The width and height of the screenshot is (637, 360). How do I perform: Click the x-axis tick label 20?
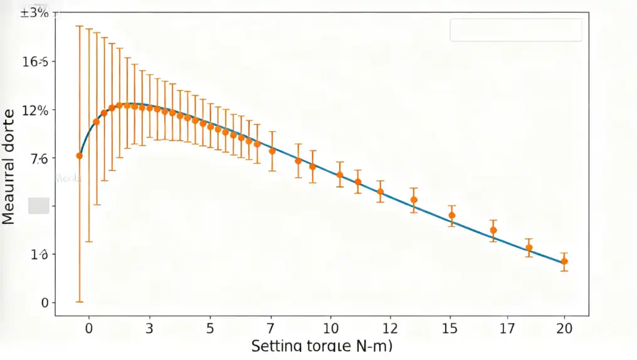pyautogui.click(x=564, y=327)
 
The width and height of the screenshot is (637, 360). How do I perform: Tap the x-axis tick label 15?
pyautogui.click(x=450, y=327)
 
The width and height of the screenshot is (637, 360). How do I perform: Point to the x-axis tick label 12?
pyautogui.click(x=390, y=327)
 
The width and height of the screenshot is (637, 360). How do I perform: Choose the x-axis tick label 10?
pyautogui.click(x=330, y=327)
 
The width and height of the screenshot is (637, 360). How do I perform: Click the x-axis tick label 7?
pyautogui.click(x=271, y=327)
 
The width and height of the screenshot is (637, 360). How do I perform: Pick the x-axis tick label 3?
pyautogui.click(x=149, y=327)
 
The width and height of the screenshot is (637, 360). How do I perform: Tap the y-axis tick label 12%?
pyautogui.click(x=35, y=110)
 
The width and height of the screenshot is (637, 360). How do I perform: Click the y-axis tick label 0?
pyautogui.click(x=45, y=303)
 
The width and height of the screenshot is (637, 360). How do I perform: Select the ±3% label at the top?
pyautogui.click(x=34, y=12)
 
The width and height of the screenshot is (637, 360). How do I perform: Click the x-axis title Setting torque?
pyautogui.click(x=323, y=346)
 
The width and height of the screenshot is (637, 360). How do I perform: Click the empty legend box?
pyautogui.click(x=515, y=29)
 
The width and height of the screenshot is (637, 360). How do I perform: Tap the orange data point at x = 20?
pyautogui.click(x=564, y=262)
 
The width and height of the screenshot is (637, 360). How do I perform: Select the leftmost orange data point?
pyautogui.click(x=80, y=156)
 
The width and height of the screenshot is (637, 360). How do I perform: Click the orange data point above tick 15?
pyautogui.click(x=451, y=216)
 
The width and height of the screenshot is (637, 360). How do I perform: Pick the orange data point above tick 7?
pyautogui.click(x=272, y=151)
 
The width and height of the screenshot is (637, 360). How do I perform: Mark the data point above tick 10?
pyautogui.click(x=340, y=175)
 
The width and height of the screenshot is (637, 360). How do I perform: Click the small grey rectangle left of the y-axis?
pyautogui.click(x=39, y=206)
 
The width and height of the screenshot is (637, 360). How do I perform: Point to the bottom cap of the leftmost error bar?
pyautogui.click(x=80, y=302)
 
